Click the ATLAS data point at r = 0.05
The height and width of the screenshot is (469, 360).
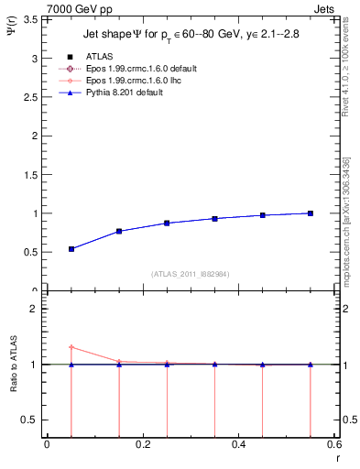[71, 249]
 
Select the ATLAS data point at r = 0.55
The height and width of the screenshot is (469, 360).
[311, 213]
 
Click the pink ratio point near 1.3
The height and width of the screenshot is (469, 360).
[71, 347]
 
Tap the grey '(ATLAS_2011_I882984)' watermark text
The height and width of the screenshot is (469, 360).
[190, 273]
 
